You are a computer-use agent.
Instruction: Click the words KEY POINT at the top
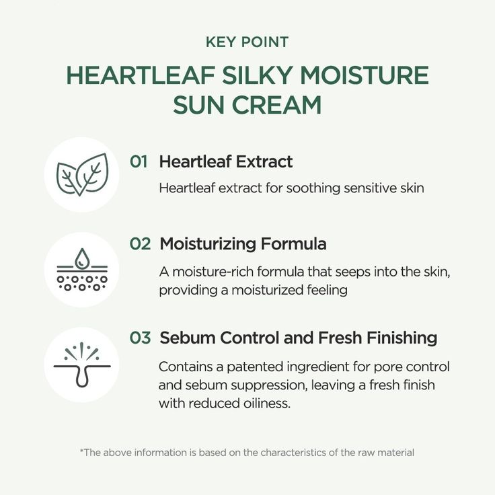[247, 42]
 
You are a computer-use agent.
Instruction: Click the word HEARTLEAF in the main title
[141, 76]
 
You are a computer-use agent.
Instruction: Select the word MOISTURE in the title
[364, 76]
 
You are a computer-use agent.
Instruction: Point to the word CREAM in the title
[277, 105]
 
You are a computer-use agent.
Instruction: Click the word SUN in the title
[200, 105]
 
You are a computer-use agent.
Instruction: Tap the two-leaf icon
[82, 174]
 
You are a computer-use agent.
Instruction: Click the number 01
[139, 161]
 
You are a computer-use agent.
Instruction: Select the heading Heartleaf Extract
[226, 161]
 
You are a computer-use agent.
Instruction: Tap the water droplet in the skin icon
[82, 258]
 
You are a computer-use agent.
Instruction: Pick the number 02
[140, 244]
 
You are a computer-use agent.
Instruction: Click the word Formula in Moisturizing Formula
[294, 244]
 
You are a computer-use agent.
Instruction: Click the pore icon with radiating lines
[82, 365]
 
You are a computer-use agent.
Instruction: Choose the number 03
[140, 338]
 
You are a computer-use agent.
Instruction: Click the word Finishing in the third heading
[402, 338]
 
